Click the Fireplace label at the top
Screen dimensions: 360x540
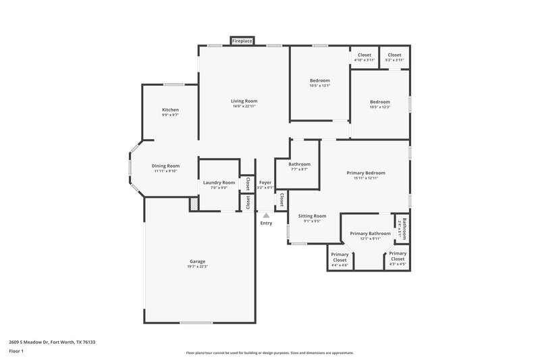pyautogui.click(x=242, y=41)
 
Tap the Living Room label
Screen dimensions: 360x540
pyautogui.click(x=244, y=101)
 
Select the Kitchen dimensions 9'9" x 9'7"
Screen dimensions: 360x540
pyautogui.click(x=170, y=115)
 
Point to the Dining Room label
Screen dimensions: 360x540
pyautogui.click(x=165, y=165)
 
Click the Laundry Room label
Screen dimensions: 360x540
pyautogui.click(x=219, y=182)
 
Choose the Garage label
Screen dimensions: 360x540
pyautogui.click(x=197, y=261)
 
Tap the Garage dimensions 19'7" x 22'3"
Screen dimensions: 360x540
pyautogui.click(x=197, y=267)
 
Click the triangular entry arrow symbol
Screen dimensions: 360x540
pyautogui.click(x=266, y=215)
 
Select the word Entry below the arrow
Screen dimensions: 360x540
pyautogui.click(x=266, y=224)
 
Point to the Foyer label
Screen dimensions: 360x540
pyautogui.click(x=265, y=182)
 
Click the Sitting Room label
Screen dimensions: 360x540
pyautogui.click(x=312, y=215)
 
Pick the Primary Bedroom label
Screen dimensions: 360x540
pyautogui.click(x=367, y=172)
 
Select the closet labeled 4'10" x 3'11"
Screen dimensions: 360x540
pyautogui.click(x=364, y=60)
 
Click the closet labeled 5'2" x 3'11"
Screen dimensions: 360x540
pyautogui.click(x=394, y=60)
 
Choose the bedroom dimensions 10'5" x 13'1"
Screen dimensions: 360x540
pyautogui.click(x=320, y=86)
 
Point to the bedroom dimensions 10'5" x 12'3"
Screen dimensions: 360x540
pyautogui.click(x=380, y=107)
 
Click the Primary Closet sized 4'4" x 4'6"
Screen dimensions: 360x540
pyautogui.click(x=340, y=265)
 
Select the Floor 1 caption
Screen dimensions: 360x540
pyautogui.click(x=16, y=352)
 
